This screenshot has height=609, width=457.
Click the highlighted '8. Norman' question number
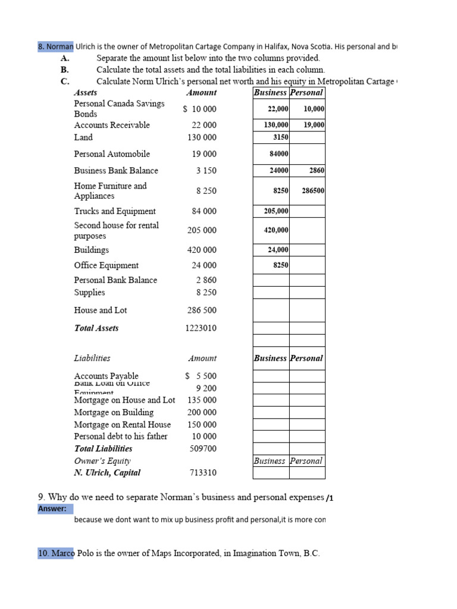coord(55,46)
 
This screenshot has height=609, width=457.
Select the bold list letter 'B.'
coord(65,70)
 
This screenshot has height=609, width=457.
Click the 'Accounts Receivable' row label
coord(112,125)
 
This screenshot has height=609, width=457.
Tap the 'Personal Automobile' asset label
coord(112,154)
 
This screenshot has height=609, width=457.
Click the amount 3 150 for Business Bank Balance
coord(206,171)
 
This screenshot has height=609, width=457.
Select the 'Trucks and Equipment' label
coord(115,211)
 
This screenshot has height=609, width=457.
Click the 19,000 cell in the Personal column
coord(314,125)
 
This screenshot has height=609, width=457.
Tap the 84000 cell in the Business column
coord(278,154)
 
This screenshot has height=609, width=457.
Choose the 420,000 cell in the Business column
coord(276,230)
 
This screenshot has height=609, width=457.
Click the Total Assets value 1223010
coord(201,328)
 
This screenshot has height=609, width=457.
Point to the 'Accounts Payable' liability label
coord(106,376)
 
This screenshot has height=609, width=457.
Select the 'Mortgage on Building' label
coord(114,412)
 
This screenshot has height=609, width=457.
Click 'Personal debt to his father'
coord(121,436)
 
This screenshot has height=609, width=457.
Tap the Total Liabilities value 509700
coord(203,449)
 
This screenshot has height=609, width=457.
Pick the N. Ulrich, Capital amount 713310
coord(203,473)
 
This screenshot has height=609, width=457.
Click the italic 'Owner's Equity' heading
coord(102,461)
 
